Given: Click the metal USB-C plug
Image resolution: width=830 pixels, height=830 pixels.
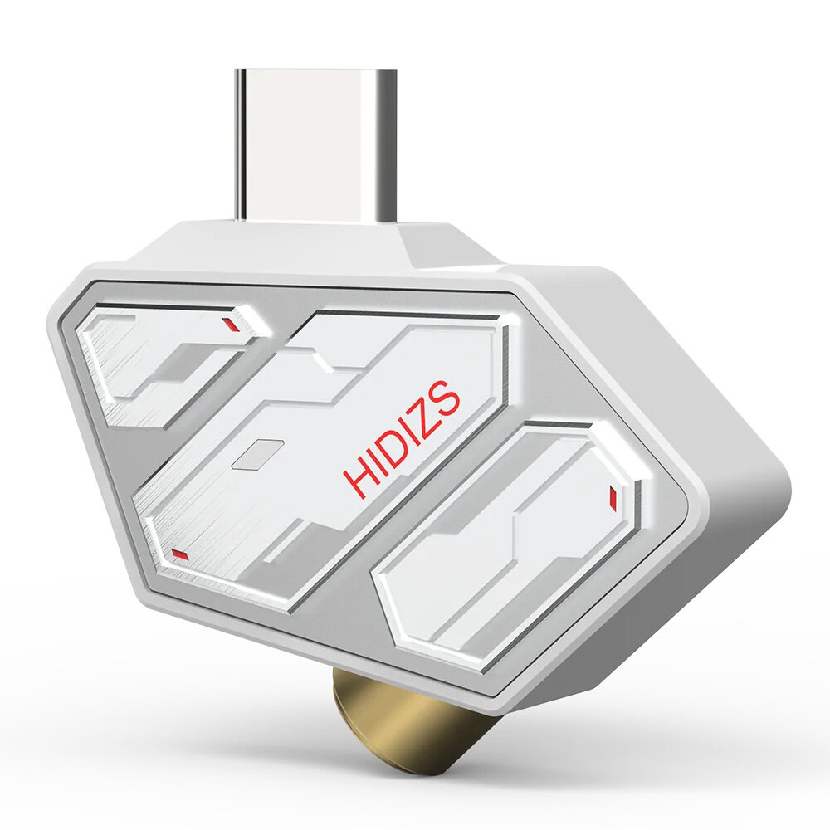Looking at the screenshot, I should (315, 145).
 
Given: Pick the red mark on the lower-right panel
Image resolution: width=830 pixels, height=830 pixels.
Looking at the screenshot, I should (613, 496).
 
